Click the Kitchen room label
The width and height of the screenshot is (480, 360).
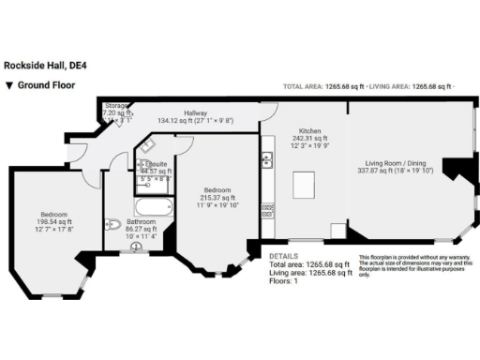click(310, 130)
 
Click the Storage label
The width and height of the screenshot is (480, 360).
click(117, 106)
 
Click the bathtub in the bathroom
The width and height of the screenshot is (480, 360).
click(152, 207)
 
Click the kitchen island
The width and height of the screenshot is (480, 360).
click(305, 186)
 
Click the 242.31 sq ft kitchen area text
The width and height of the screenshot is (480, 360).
click(310, 138)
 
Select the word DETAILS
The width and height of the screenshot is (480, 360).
click(284, 255)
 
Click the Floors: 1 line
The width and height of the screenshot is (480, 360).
click(284, 280)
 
